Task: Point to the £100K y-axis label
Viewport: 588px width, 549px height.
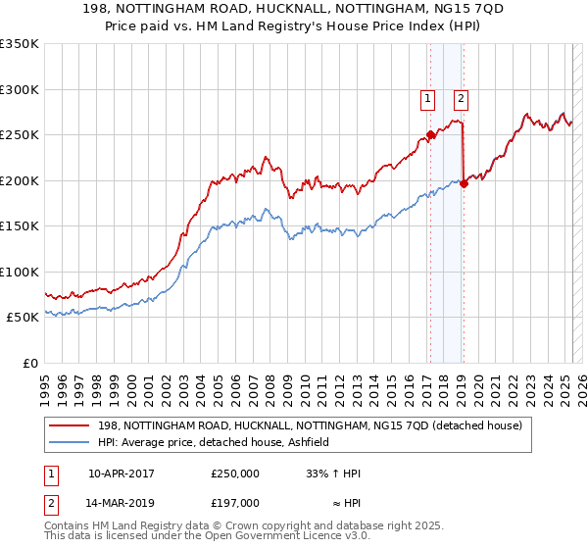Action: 20,272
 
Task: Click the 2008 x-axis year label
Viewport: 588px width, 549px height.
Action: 269,382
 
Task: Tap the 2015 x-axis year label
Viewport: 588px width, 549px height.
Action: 389,382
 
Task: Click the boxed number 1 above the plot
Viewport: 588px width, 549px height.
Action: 428,97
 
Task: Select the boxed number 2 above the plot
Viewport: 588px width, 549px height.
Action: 460,97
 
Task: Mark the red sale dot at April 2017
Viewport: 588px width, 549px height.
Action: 429,135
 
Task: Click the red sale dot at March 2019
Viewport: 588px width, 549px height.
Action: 464,183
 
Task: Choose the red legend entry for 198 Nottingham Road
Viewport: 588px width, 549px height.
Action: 314,424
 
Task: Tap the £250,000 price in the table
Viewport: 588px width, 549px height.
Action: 235,474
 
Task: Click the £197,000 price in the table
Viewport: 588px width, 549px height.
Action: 235,503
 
